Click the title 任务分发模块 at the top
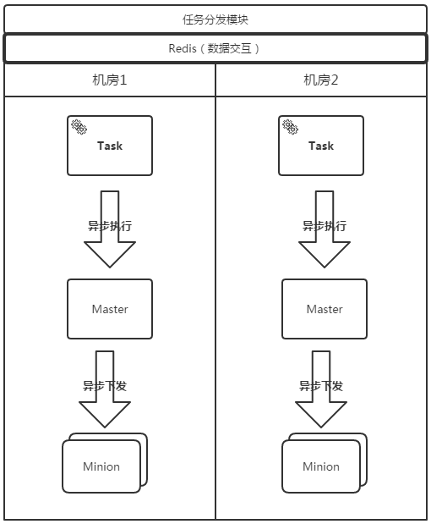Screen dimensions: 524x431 click(x=215, y=19)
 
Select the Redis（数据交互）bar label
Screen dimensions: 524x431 click(x=215, y=48)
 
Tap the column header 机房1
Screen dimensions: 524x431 click(x=110, y=80)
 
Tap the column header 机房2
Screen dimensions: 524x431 click(x=321, y=80)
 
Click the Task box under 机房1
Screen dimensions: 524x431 click(x=110, y=146)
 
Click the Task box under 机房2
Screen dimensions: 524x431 click(x=321, y=146)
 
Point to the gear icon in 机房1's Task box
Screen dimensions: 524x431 click(x=79, y=127)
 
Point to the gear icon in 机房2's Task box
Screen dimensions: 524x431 click(x=290, y=127)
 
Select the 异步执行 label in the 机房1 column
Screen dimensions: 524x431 click(x=110, y=226)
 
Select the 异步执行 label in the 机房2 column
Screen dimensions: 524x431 click(x=325, y=226)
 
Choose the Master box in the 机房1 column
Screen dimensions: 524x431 click(x=110, y=309)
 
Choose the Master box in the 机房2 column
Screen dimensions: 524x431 click(x=325, y=309)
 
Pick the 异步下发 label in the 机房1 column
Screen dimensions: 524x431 click(x=105, y=386)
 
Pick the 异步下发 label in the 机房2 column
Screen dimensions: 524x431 click(x=321, y=386)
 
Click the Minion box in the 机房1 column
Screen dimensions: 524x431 click(x=101, y=466)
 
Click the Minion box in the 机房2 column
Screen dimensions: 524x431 click(x=321, y=466)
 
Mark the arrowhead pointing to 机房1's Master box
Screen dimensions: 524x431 click(x=110, y=254)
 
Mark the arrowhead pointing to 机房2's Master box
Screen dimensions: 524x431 click(x=325, y=254)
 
